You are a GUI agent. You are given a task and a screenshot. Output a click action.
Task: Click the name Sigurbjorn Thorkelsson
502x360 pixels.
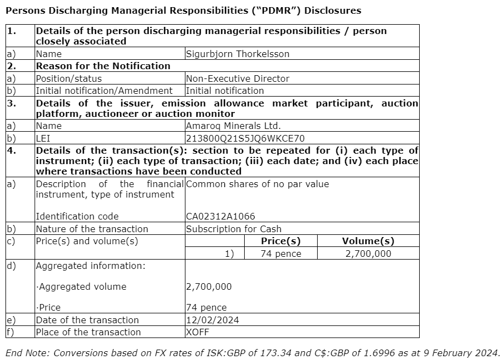238,54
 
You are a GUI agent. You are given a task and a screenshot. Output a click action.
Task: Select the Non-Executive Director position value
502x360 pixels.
238,78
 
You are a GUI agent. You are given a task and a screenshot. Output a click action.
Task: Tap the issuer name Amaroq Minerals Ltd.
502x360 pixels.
234,126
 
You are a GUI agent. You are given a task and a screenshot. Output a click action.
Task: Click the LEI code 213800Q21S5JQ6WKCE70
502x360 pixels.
245,138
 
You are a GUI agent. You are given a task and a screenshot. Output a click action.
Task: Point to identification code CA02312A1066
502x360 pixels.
221,217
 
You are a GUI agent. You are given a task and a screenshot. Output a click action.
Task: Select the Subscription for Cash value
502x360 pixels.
234,229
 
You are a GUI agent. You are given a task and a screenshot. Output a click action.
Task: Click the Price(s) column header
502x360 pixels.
281,241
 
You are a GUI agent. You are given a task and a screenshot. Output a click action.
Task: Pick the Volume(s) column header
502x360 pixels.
368,241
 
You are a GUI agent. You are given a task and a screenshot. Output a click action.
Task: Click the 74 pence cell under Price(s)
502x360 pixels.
281,254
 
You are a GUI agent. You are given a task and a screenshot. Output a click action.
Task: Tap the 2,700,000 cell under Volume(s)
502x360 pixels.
368,254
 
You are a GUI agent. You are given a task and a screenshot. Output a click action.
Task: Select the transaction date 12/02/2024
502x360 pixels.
212,320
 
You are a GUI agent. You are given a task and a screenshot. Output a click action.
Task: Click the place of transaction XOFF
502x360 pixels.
198,332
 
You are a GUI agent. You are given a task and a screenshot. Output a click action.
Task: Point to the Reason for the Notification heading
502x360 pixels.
103,66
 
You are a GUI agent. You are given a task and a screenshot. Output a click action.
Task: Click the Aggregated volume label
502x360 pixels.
82,286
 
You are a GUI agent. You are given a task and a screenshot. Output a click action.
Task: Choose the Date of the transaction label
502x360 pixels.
87,320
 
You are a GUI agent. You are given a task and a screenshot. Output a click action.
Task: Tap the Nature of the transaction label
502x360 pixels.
92,229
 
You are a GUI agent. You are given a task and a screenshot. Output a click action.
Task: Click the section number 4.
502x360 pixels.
12,150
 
